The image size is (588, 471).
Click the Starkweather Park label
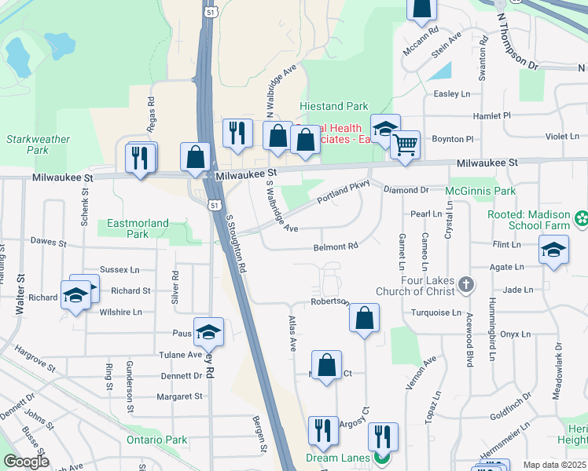28,144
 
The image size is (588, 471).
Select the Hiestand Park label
334,106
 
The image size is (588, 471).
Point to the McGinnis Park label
480,191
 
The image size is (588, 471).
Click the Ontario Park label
157,440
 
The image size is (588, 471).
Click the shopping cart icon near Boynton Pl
405,144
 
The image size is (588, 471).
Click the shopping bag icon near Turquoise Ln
364,318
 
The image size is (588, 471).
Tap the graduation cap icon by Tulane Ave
208,332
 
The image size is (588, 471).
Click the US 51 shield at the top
208,13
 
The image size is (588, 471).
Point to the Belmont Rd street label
336,246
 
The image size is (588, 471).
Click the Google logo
26,461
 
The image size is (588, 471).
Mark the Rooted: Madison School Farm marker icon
582,217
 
